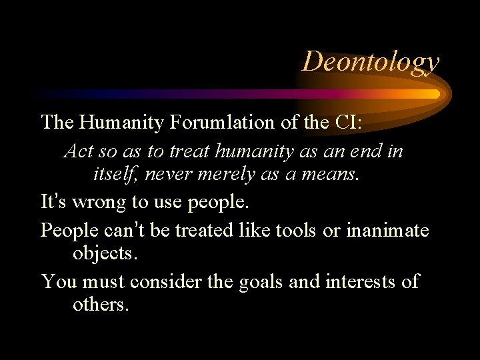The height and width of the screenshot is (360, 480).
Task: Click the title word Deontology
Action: pyautogui.click(x=371, y=61)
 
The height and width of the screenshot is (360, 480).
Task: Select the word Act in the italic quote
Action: pyautogui.click(x=78, y=151)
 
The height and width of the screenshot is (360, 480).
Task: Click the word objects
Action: pyautogui.click(x=103, y=255)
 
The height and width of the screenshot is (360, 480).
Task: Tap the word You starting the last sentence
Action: pyautogui.click(x=59, y=281)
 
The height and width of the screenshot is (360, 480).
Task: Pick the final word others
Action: pyautogui.click(x=100, y=306)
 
